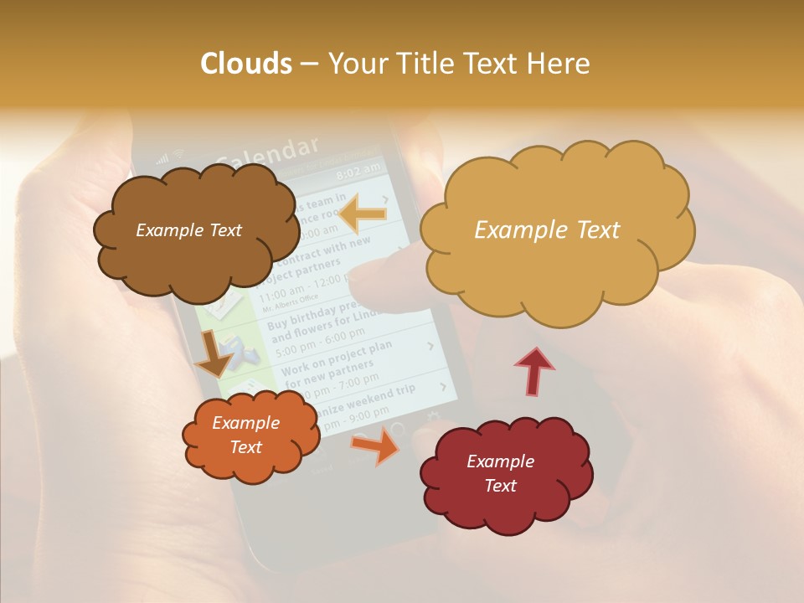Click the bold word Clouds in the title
(246, 64)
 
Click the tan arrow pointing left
(362, 214)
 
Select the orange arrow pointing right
(376, 445)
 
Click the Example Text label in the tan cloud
(547, 230)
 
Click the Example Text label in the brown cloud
(188, 230)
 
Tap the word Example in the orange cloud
(245, 423)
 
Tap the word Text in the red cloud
(500, 486)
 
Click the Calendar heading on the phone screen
(268, 153)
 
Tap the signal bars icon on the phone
(162, 158)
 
